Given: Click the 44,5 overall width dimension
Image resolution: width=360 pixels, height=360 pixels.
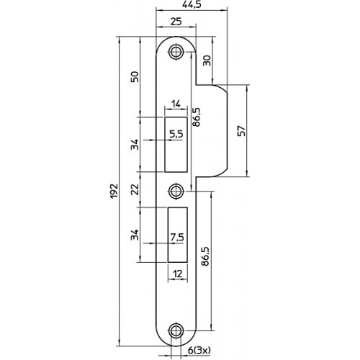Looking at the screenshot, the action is coord(192,5).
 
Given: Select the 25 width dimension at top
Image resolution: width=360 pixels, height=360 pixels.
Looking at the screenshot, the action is coord(176,22).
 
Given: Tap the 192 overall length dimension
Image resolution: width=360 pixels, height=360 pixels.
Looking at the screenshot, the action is coord(114,191).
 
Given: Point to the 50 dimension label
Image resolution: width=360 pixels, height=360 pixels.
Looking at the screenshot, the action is coord(135,77).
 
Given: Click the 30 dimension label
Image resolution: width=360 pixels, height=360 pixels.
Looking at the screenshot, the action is coord(207,60).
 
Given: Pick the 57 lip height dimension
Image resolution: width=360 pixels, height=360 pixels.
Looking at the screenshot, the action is coord(242,131).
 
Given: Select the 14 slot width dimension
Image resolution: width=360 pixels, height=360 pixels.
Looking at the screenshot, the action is coord(176,104).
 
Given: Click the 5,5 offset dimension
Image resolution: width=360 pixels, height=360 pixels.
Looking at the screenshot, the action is coord(176,134).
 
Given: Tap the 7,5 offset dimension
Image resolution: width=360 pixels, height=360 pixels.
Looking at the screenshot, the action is coord(177,238).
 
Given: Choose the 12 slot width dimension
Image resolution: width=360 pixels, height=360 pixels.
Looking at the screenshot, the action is coord(178,274).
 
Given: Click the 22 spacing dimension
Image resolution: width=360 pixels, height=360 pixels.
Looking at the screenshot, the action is coord(135,189).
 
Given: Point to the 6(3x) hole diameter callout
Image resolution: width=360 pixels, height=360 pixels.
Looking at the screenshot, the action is coord(199,351).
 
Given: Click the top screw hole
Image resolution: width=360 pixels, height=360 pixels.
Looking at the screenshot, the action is coord(176,51).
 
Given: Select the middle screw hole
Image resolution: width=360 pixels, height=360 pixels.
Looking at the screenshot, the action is coord(176,192).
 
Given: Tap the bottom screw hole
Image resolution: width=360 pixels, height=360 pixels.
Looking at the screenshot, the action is coord(176,331).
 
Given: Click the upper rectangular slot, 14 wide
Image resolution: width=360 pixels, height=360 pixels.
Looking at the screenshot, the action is coord(176,145).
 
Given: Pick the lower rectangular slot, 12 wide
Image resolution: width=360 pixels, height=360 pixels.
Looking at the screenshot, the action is coord(178,235).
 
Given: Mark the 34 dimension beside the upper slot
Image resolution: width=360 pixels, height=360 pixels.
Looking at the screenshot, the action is coord(135,145).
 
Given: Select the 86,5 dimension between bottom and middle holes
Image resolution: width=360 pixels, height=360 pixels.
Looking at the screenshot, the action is coord(205,256).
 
